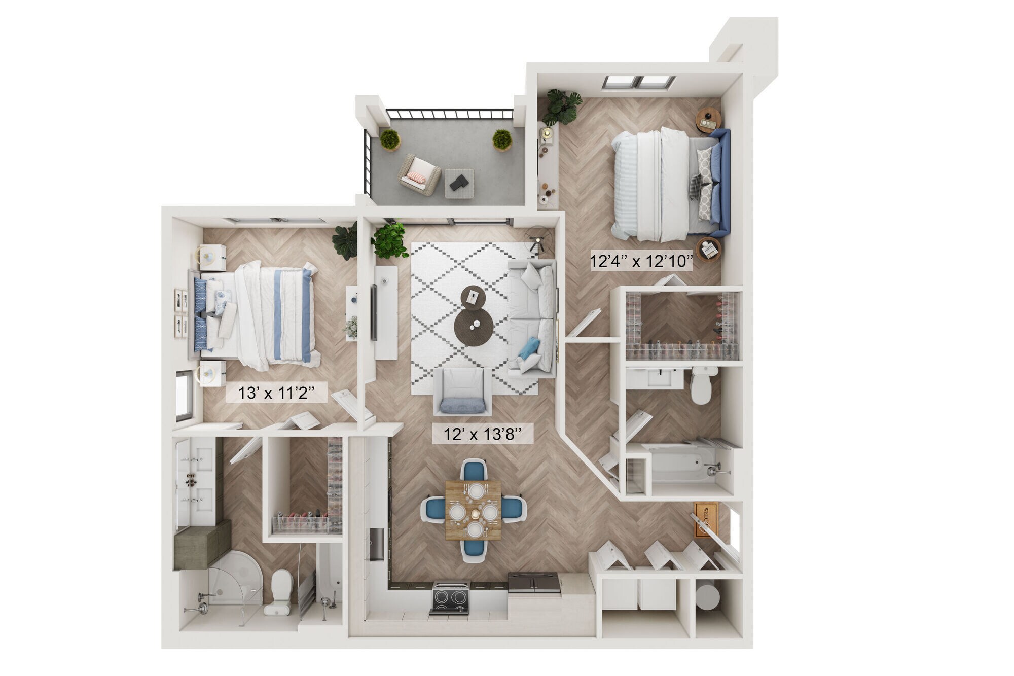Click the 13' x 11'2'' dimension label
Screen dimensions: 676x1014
276,393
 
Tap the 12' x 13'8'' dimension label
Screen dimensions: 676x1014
482,434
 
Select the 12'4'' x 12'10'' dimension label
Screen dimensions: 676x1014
641,262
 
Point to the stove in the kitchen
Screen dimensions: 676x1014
451,599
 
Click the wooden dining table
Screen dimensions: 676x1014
473,510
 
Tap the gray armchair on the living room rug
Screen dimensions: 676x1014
462,391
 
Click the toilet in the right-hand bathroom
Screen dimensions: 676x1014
701,385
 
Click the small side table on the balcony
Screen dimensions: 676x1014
459,183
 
